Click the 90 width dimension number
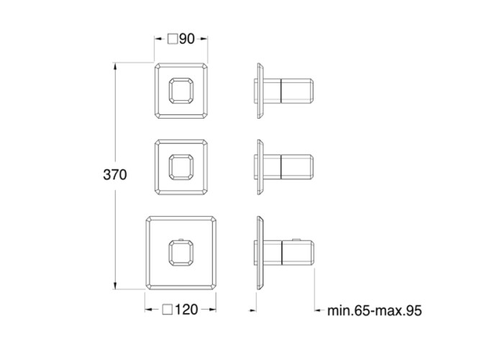point(187,40)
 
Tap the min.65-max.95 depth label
point(373,311)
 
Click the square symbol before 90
point(172,40)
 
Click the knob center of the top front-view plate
point(180,92)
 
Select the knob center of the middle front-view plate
point(180,167)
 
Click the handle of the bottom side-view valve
point(296,253)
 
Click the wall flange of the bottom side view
point(258,252)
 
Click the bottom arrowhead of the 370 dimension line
point(115,286)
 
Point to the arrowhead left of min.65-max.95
point(317,311)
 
